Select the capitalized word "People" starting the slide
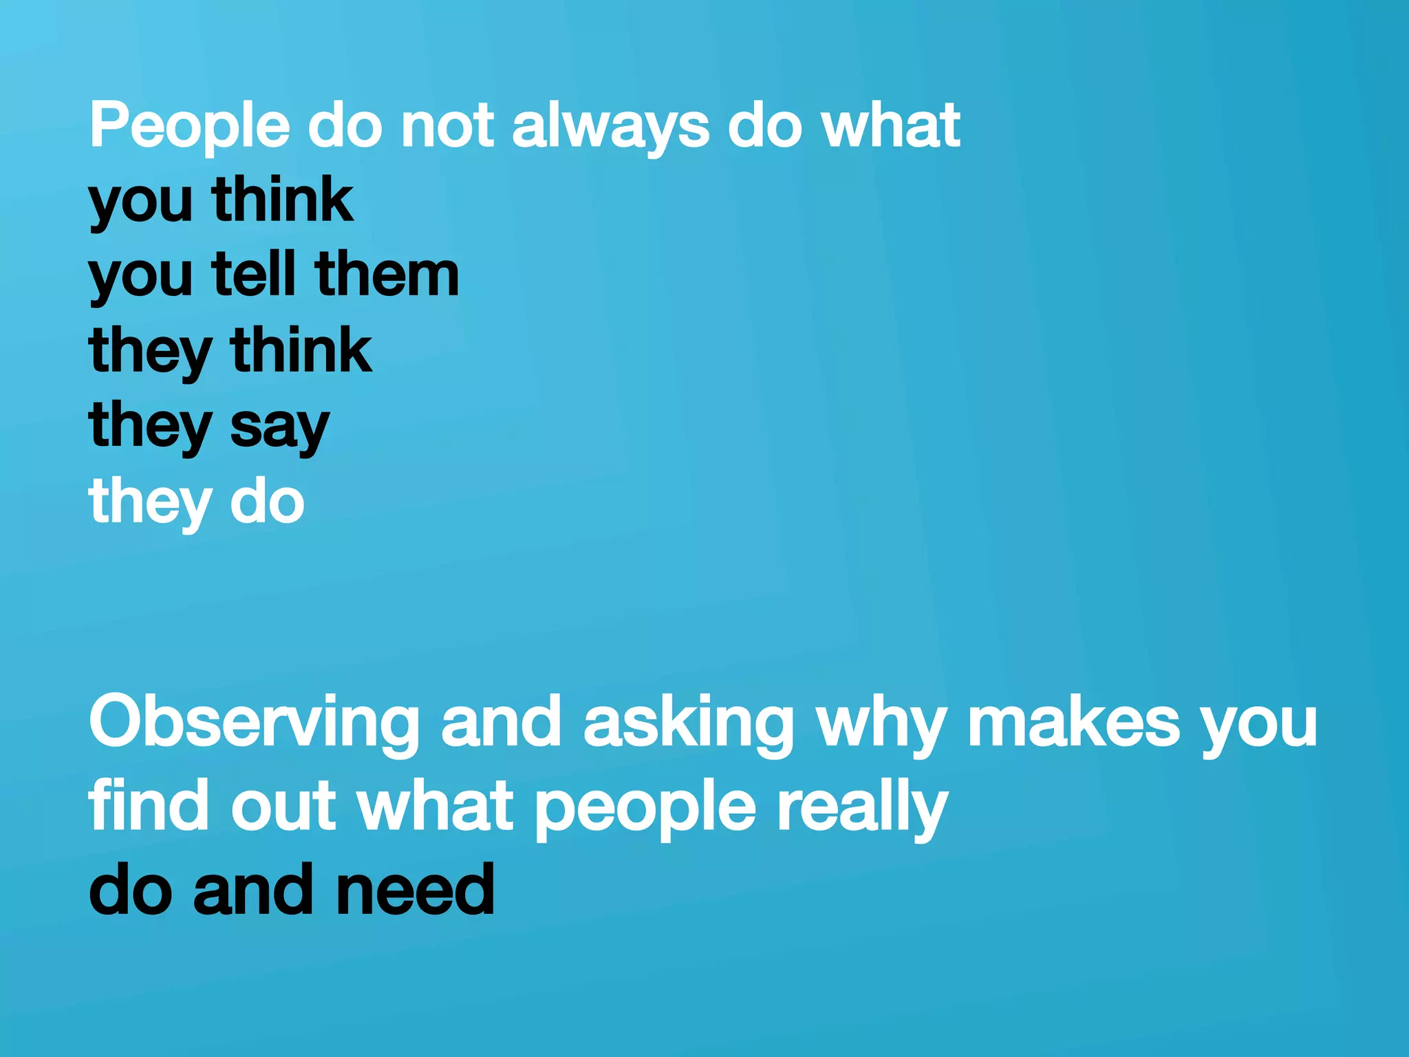click(190, 126)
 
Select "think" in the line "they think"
click(301, 350)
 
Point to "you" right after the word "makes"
click(1259, 724)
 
